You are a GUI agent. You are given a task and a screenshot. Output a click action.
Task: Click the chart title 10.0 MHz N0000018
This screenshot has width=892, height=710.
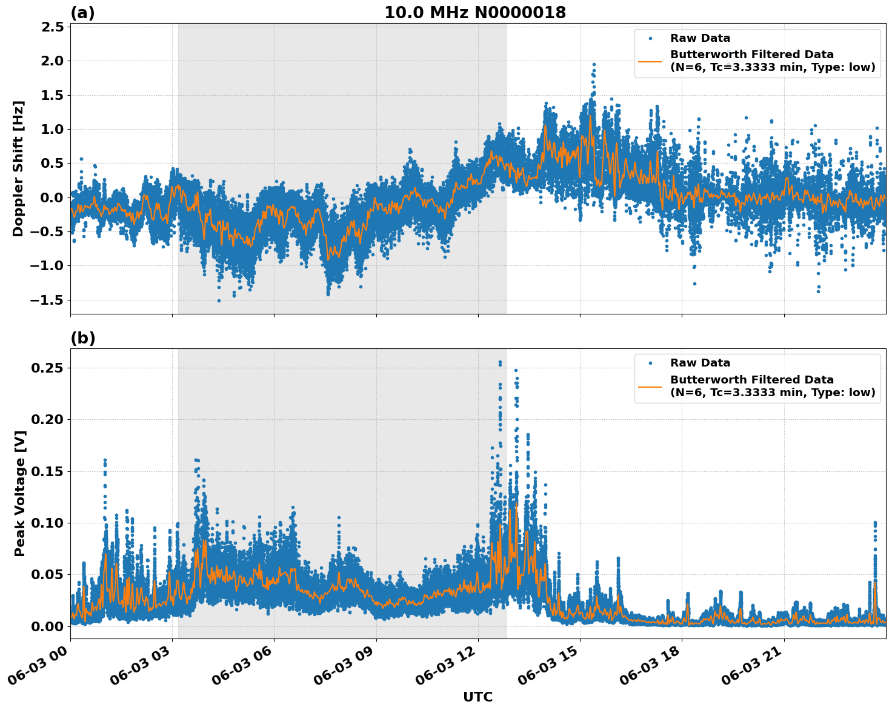coord(475,13)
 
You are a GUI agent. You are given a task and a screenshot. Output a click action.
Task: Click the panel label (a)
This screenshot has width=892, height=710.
coord(82,13)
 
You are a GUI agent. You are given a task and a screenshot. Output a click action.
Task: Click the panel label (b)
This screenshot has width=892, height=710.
coord(83,338)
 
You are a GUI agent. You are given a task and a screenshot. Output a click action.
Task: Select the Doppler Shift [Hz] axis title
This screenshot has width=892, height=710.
coord(18,168)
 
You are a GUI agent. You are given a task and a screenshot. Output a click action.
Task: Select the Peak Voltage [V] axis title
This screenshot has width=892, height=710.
coord(20,493)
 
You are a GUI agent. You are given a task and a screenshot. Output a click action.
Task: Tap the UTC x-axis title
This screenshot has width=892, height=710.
coord(478,697)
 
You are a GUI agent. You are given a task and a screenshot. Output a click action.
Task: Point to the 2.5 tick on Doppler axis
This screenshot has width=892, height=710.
coord(53,27)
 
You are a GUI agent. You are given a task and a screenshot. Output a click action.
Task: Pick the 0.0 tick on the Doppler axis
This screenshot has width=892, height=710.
coord(53,197)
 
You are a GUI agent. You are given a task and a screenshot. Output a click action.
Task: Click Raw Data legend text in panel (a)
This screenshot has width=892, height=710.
coord(700,38)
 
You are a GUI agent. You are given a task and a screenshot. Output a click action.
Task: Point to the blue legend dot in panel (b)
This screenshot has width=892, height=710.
coord(650,363)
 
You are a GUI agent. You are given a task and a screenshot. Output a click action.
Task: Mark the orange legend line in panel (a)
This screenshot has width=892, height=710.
coord(650,61)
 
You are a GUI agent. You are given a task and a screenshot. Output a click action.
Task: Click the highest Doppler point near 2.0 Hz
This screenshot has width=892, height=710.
coord(594,64)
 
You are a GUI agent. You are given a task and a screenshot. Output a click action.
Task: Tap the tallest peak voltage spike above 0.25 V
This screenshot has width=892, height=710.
coord(500,362)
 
